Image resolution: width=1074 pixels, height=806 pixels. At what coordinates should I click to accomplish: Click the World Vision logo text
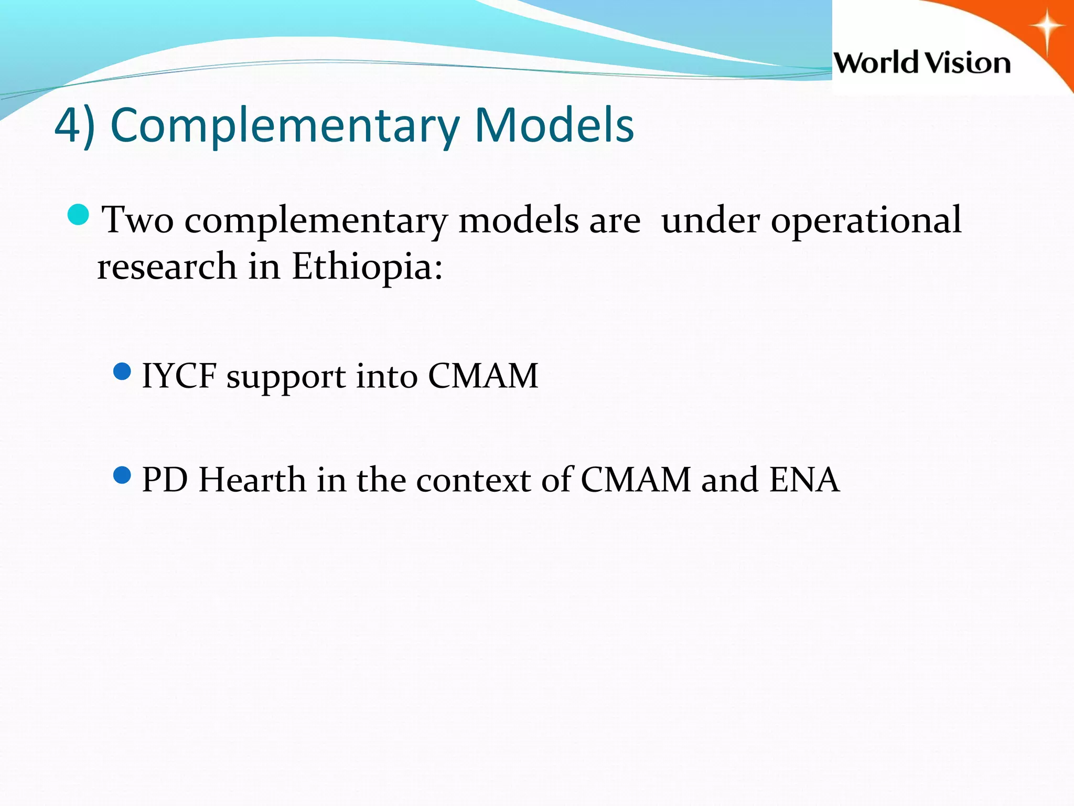click(x=922, y=63)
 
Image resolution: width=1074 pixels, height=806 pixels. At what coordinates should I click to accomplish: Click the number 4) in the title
click(x=74, y=126)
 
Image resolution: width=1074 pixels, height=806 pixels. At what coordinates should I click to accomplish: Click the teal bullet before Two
click(x=79, y=215)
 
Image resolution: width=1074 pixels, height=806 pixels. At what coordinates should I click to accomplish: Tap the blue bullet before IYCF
click(x=122, y=372)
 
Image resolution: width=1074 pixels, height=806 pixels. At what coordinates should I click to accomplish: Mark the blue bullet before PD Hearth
click(x=122, y=476)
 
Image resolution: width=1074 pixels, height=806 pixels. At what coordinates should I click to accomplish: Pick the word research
click(x=167, y=267)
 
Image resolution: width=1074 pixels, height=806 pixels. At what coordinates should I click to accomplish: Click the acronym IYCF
click(x=179, y=376)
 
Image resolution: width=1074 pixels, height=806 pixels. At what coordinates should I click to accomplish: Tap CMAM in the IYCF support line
click(x=483, y=376)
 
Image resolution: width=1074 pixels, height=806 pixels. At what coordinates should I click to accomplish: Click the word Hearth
click(x=252, y=480)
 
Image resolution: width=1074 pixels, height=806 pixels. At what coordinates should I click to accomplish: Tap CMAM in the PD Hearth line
click(x=636, y=480)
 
